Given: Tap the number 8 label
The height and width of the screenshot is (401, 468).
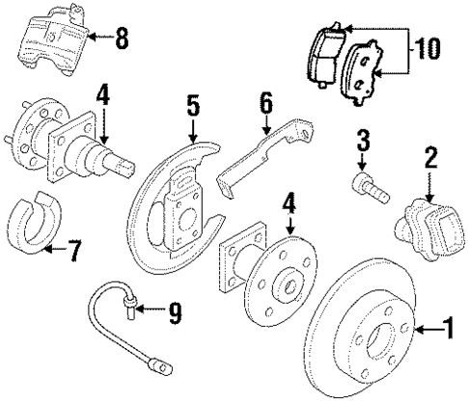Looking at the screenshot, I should click(122, 40).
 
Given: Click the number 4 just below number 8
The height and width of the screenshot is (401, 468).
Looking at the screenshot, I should click(103, 97).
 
